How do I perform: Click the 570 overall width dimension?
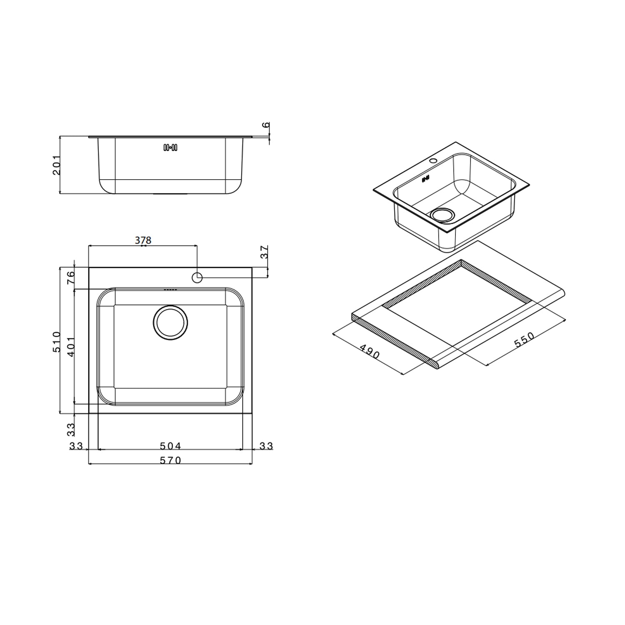point(170,460)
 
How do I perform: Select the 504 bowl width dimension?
point(170,446)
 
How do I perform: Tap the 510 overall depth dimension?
point(57,342)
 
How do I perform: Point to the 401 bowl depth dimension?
point(71,346)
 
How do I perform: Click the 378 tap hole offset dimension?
point(143,240)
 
